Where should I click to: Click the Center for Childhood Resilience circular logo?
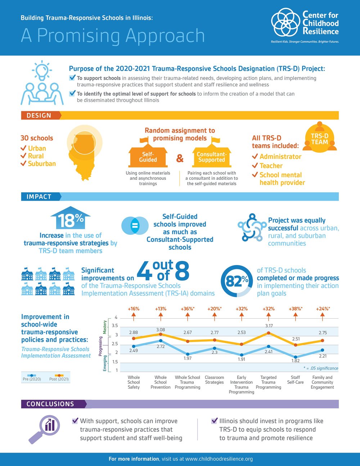(285, 22)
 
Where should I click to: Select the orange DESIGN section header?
(39, 116)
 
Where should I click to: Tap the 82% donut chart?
(237, 281)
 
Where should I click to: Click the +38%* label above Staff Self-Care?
(295, 309)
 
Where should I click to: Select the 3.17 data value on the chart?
(269, 326)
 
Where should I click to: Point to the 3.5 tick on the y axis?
(115, 326)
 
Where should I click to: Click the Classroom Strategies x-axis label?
(214, 380)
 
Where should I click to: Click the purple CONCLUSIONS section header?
(50, 404)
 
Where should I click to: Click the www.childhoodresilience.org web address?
(219, 459)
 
